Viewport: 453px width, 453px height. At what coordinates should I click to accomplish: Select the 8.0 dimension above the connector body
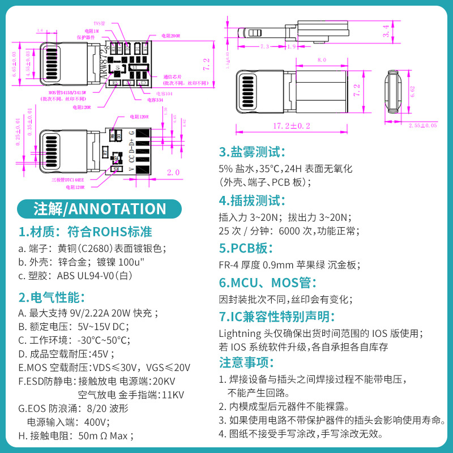coord(322,59)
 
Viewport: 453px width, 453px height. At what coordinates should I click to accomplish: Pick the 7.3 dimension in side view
coord(264,46)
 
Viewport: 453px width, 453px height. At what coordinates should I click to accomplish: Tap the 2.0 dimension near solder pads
coord(173,172)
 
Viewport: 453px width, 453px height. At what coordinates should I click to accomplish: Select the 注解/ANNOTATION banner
coord(100,208)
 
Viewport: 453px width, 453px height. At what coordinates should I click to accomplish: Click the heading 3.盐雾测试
coord(252,152)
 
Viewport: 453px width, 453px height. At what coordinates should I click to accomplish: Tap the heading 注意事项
coord(246,362)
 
